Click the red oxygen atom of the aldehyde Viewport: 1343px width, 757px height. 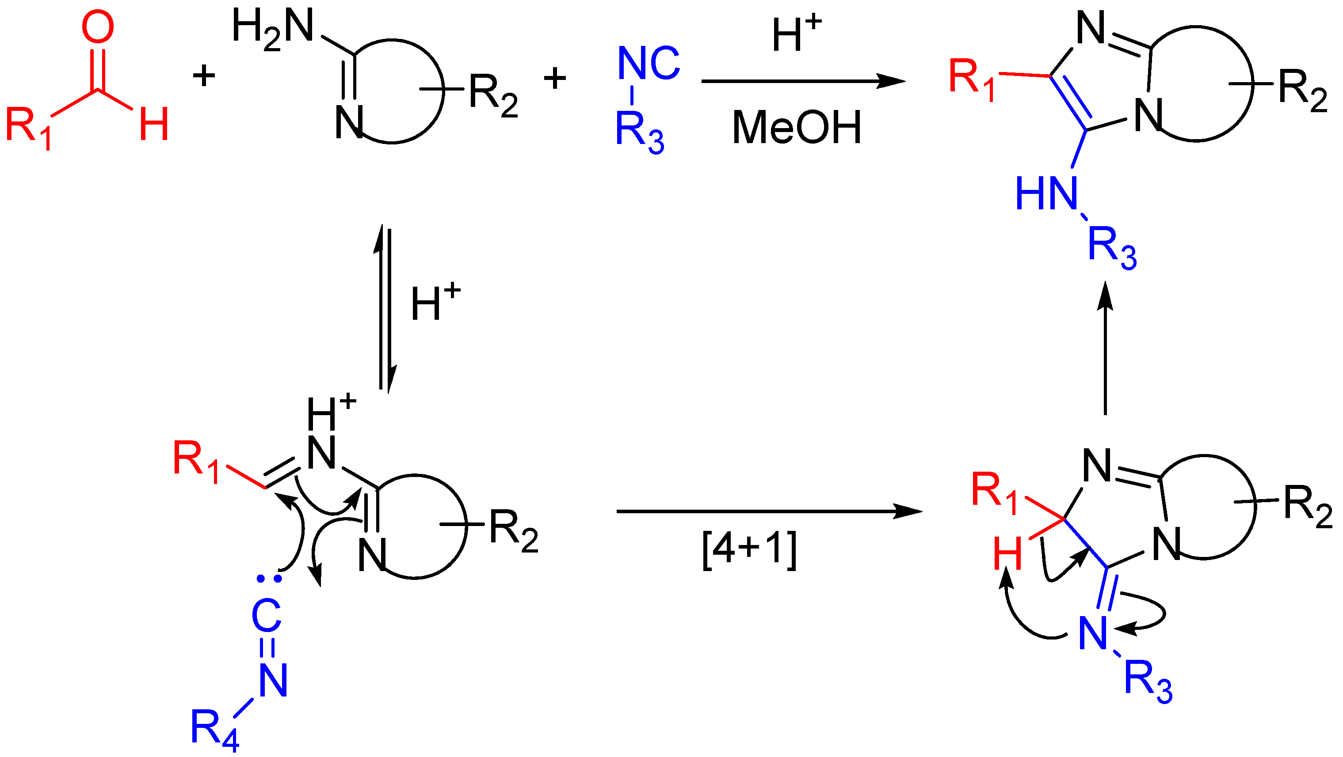(x=98, y=28)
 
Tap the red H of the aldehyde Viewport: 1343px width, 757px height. (x=154, y=124)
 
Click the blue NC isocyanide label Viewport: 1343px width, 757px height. (x=648, y=64)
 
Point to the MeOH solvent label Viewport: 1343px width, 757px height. (x=796, y=128)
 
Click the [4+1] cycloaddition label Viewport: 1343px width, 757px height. (x=749, y=551)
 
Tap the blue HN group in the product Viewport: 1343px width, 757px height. (x=1046, y=193)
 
